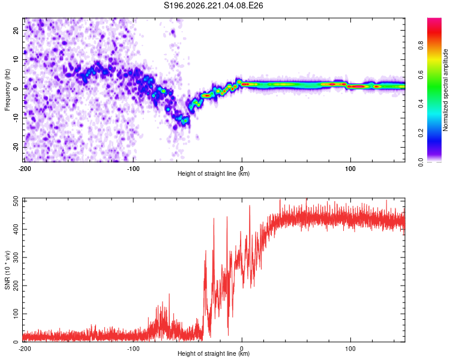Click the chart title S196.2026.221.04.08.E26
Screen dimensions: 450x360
click(x=213, y=6)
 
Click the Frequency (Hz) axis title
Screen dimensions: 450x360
click(x=7, y=90)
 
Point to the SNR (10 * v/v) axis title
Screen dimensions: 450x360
click(x=7, y=270)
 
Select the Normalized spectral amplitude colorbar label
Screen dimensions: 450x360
click(x=445, y=90)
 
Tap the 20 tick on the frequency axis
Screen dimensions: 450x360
click(x=16, y=30)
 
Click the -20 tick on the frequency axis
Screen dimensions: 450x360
click(x=16, y=147)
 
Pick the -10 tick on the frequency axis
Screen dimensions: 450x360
click(x=16, y=118)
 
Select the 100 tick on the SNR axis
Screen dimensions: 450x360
click(x=16, y=314)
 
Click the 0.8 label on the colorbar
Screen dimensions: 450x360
click(x=421, y=46)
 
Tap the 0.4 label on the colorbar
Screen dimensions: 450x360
click(x=421, y=104)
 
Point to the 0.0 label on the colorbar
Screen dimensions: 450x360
click(x=421, y=162)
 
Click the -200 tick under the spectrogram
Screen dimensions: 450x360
click(x=25, y=169)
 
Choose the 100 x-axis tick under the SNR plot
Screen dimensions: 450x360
click(x=350, y=349)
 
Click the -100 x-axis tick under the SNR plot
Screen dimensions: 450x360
click(x=133, y=349)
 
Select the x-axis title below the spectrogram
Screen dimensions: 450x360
click(x=214, y=173)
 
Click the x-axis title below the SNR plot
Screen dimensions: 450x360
click(x=214, y=353)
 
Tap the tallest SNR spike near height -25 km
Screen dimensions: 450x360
click(x=214, y=219)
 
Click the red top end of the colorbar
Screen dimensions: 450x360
click(x=434, y=19)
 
